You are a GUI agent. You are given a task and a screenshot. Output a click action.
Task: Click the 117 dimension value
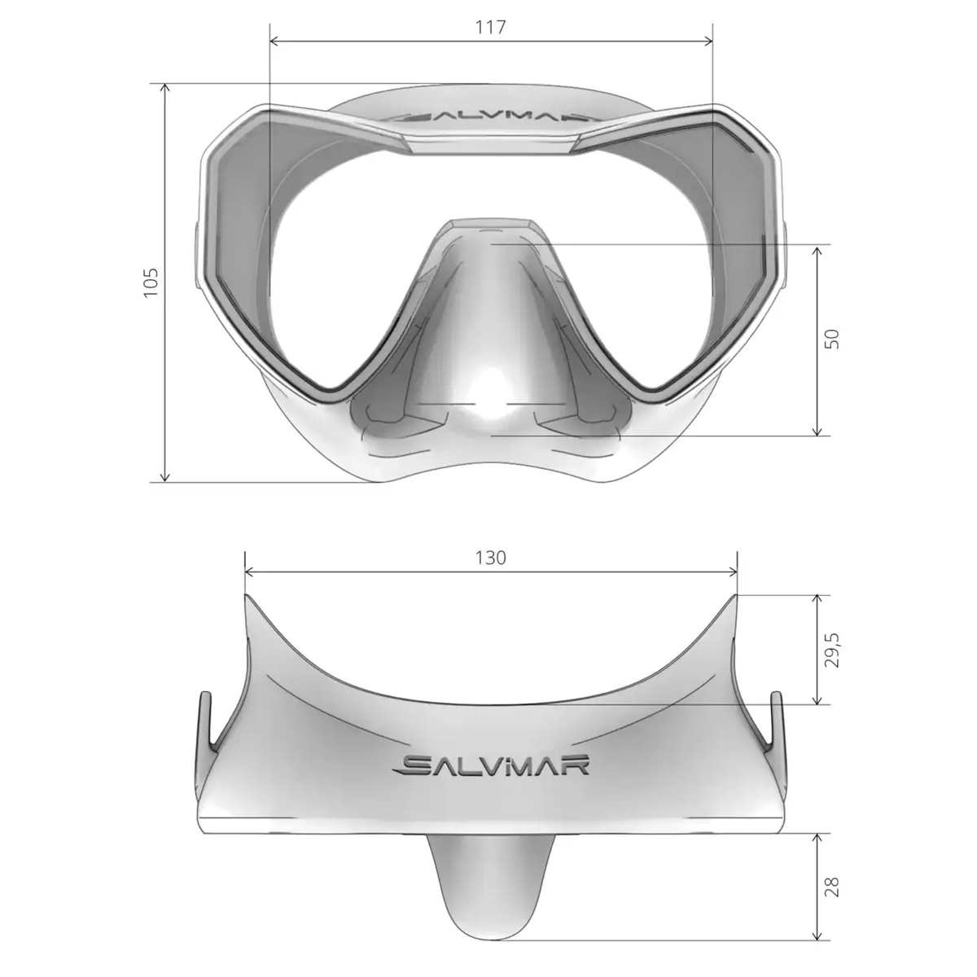pyautogui.click(x=491, y=27)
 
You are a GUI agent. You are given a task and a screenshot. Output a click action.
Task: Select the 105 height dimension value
pyautogui.click(x=151, y=282)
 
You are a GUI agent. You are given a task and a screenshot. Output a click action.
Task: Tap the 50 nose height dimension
pyautogui.click(x=831, y=339)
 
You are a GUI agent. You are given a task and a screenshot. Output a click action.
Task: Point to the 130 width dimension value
pyautogui.click(x=491, y=558)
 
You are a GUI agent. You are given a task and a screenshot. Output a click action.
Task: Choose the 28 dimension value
pyautogui.click(x=831, y=886)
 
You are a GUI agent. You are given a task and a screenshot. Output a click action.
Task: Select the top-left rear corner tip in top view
pyautogui.click(x=246, y=596)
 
